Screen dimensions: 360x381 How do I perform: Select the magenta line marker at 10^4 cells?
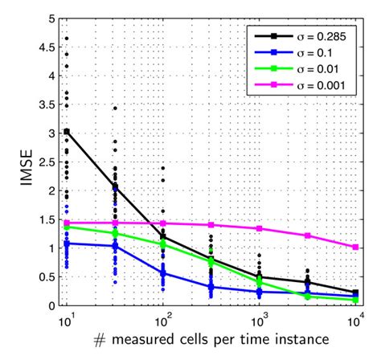coord(355,247)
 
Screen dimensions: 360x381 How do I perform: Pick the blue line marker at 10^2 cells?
coord(163,273)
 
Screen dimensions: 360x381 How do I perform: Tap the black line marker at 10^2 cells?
coord(163,237)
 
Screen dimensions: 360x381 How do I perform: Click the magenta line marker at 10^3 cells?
coord(260,229)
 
